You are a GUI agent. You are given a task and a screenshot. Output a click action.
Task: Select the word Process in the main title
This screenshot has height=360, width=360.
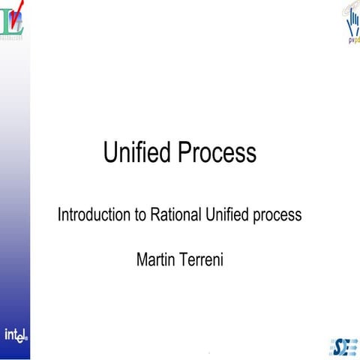coord(218,154)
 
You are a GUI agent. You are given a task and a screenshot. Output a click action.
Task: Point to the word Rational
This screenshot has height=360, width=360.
coord(175,215)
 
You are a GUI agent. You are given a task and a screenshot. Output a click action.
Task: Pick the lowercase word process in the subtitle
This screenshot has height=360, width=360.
coord(277,216)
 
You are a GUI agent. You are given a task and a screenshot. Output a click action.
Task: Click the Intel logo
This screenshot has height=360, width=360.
coord(16,335)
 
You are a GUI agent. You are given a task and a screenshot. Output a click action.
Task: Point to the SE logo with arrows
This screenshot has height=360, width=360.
coord(343,346)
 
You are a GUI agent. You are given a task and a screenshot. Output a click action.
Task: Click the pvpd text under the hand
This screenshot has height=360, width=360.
coord(352,41)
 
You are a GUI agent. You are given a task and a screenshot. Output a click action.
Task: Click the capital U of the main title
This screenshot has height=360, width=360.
coord(109,153)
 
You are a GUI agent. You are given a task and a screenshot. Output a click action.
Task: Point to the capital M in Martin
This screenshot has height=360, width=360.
coord(142,260)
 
